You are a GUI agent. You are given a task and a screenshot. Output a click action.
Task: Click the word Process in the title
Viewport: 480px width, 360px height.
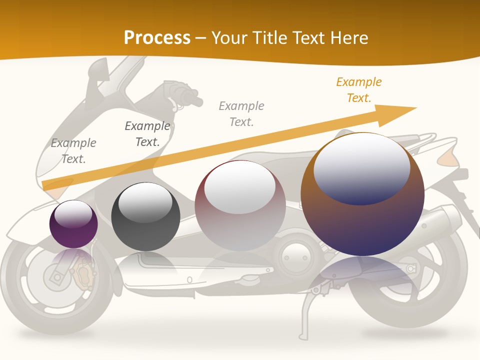point(157,37)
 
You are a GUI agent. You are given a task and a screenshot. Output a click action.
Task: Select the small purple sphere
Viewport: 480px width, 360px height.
point(73,224)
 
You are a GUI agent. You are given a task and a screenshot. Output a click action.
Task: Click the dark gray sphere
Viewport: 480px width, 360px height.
point(145,217)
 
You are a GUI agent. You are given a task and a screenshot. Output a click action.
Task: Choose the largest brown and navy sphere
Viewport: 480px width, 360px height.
point(362,194)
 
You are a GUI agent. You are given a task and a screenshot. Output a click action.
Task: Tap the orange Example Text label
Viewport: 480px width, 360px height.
point(358,90)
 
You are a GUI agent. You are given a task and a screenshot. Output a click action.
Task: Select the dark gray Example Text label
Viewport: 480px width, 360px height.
point(147,134)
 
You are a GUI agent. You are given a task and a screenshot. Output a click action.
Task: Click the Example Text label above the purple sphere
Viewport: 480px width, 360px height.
point(73,151)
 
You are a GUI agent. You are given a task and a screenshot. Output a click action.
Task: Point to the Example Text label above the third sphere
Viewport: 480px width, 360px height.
point(241,113)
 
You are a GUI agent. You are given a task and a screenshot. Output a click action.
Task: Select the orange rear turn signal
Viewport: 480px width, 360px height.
point(448,158)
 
